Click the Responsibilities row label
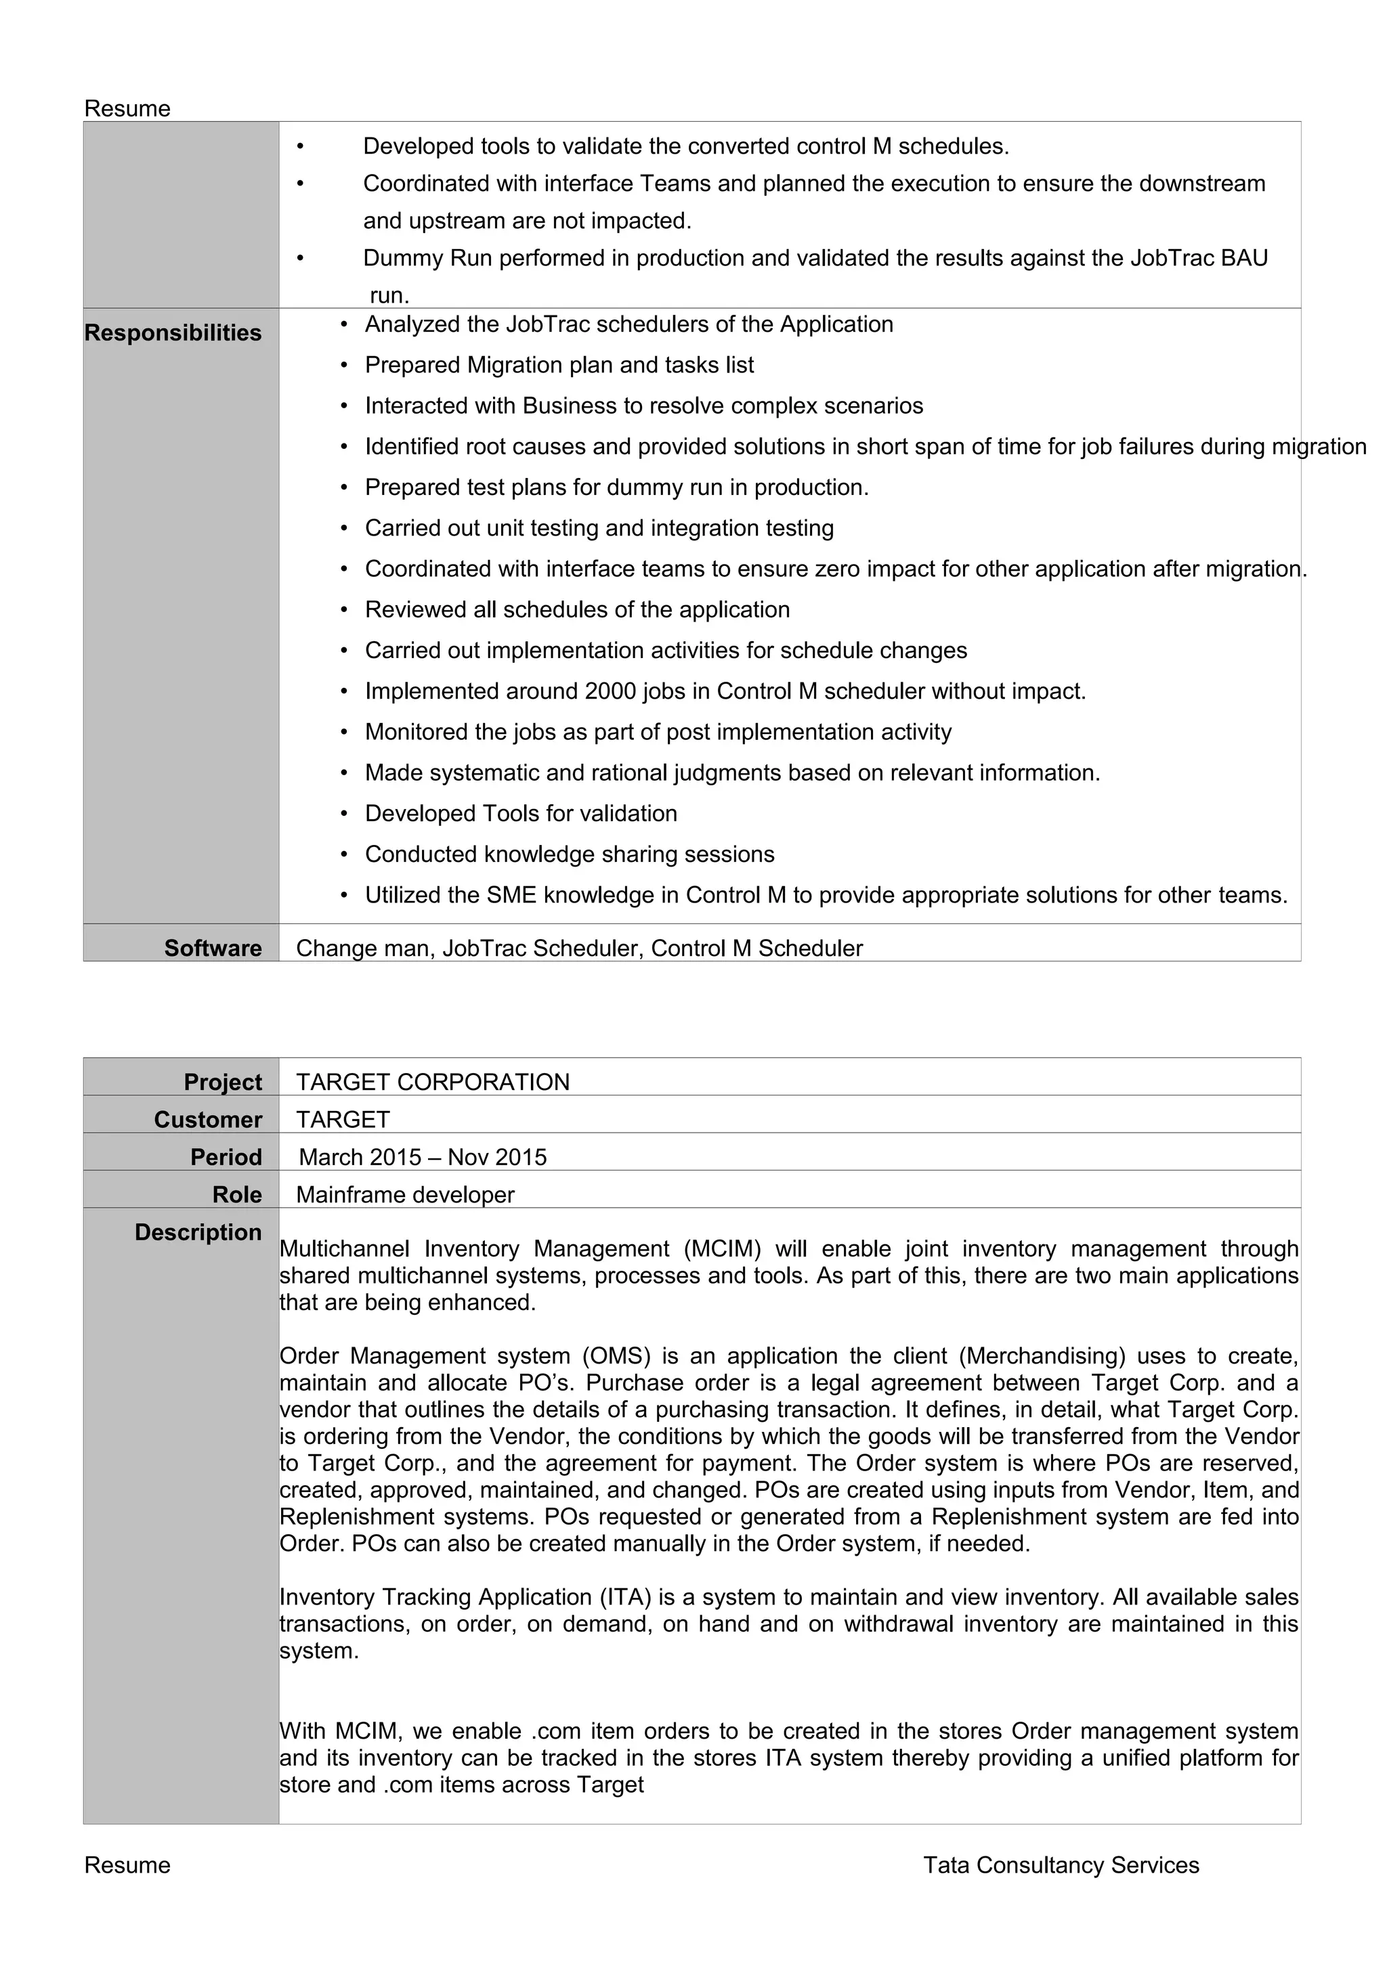click(x=173, y=332)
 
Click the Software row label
click(x=213, y=948)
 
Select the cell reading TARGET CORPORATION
click(x=433, y=1082)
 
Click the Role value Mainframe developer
click(x=405, y=1195)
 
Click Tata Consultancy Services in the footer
click(x=1061, y=1865)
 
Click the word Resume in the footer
click(x=127, y=1865)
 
